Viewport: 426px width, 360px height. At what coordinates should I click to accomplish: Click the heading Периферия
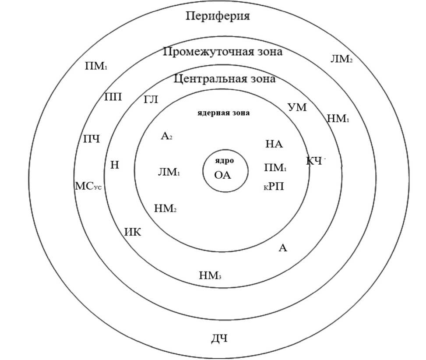(218, 17)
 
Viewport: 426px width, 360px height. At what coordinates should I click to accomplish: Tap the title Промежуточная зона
(222, 52)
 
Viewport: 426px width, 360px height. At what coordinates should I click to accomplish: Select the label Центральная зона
(225, 79)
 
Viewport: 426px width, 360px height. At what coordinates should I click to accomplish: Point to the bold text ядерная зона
(223, 113)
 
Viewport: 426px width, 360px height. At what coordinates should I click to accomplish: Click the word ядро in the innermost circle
(224, 160)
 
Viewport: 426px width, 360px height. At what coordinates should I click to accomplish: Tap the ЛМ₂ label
(342, 59)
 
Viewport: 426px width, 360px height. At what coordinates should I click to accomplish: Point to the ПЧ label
(92, 139)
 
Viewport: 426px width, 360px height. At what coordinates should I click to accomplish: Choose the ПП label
(113, 97)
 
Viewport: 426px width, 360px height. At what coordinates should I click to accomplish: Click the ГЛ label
(151, 100)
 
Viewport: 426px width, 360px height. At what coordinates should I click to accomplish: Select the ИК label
(133, 232)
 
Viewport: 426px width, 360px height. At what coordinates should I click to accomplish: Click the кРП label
(274, 187)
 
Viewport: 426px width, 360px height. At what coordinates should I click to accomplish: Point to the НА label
(275, 144)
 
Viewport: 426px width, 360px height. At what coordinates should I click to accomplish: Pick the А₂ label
(166, 137)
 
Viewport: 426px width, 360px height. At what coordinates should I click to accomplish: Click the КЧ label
(314, 161)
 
